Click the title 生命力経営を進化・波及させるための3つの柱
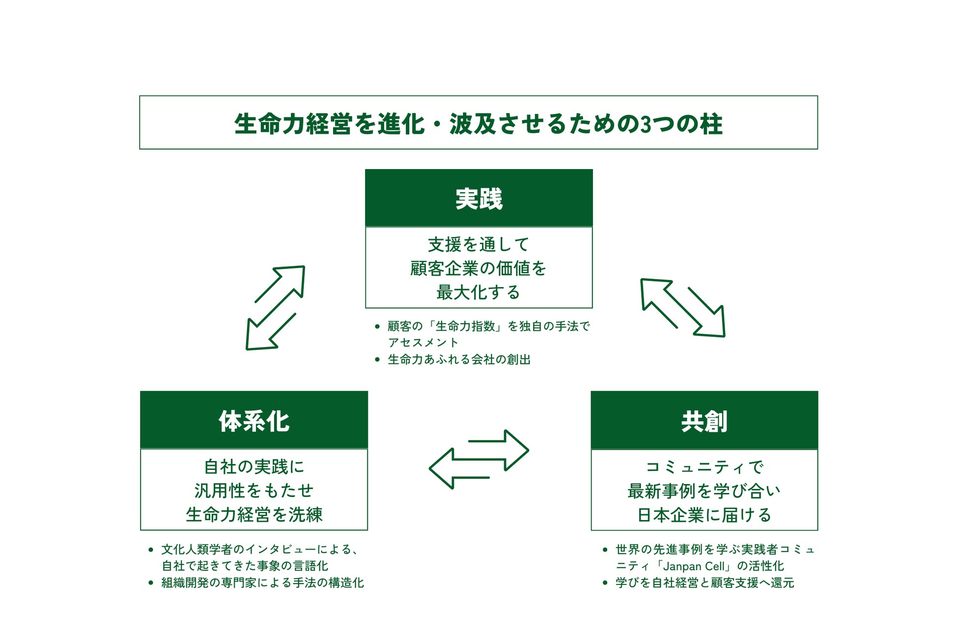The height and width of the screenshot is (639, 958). click(478, 123)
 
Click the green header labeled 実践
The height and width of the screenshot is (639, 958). click(479, 199)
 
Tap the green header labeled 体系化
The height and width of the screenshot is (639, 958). click(254, 421)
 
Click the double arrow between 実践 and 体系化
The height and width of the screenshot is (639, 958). click(275, 308)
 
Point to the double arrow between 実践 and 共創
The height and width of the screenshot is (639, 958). click(682, 308)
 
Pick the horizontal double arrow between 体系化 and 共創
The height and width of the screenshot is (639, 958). click(479, 459)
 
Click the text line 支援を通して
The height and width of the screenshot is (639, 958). click(479, 244)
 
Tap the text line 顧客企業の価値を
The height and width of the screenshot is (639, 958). click(479, 268)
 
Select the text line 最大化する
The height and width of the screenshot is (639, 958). click(479, 292)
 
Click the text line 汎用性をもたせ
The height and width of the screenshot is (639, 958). click(254, 491)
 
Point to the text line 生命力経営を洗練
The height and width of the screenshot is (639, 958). click(254, 515)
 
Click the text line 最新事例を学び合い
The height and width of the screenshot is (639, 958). click(704, 491)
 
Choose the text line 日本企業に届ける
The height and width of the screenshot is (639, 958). click(704, 515)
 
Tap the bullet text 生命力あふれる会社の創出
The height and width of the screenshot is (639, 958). click(459, 359)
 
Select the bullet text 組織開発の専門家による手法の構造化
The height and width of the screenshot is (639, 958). click(262, 583)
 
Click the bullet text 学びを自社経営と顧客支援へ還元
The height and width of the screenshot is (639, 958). click(704, 583)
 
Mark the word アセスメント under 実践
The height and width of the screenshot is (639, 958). click(423, 343)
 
